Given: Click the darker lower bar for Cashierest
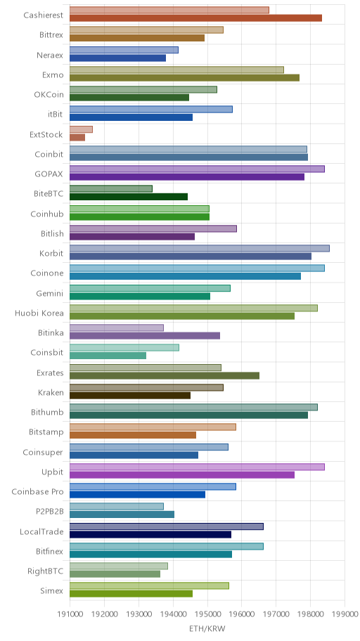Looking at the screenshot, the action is coord(195,18).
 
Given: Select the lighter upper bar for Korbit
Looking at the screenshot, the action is coord(199,248).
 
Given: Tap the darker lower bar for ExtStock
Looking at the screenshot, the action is coord(77,137).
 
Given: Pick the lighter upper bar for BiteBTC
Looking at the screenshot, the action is coord(111,188).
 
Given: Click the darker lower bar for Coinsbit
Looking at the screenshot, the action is coord(108,356).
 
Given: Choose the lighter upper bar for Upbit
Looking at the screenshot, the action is coord(197,467).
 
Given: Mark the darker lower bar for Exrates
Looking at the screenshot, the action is coord(165,376).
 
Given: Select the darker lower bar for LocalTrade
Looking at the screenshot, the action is coord(150,534).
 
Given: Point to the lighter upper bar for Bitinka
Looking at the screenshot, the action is coord(117,328).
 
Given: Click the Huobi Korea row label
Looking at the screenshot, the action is coord(39,313).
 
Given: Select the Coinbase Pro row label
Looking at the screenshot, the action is coord(38,492).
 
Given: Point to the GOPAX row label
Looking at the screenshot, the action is coord(49,174).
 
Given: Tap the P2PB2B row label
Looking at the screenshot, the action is coord(50,512).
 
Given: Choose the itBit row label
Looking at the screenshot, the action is coord(56,115).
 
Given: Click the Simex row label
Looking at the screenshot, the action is coord(52,591).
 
